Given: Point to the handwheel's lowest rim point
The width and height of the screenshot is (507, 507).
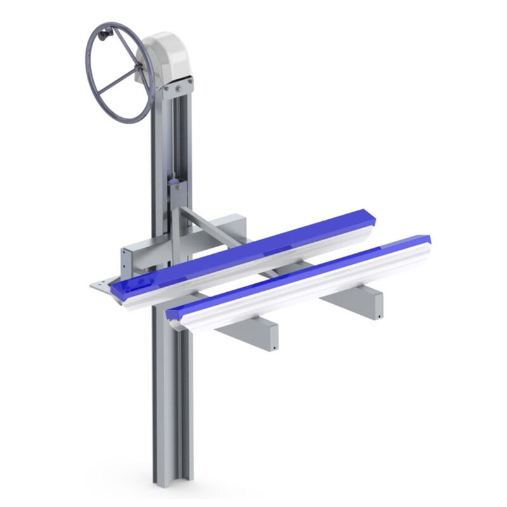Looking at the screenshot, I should tap(127, 120).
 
